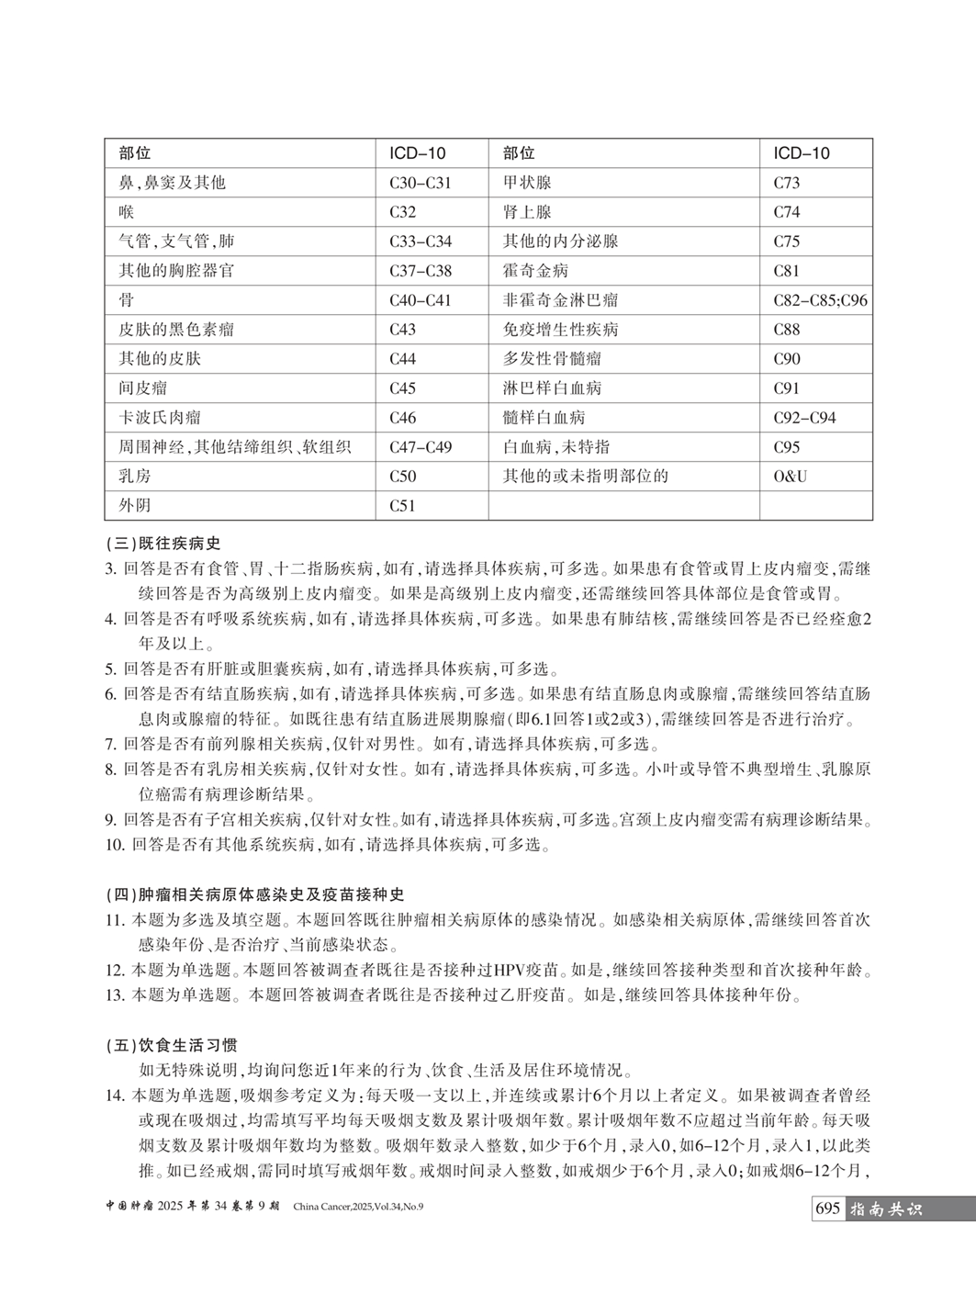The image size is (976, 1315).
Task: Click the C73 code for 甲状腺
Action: [x=786, y=183]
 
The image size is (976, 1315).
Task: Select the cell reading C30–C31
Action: [x=420, y=183]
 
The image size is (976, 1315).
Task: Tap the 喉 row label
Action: [x=127, y=212]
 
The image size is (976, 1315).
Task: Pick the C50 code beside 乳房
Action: [x=402, y=476]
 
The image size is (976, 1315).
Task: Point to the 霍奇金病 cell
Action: [x=535, y=271]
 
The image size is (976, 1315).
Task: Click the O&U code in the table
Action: [x=790, y=476]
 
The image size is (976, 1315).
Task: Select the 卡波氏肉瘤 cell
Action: [x=160, y=418]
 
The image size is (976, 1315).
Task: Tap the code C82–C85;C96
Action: [x=820, y=300]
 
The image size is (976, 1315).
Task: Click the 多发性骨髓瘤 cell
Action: [x=552, y=359]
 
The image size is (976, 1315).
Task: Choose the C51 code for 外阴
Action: [x=402, y=505]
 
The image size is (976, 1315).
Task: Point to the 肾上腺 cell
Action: [x=527, y=212]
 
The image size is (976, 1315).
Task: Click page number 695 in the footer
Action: [x=827, y=1209]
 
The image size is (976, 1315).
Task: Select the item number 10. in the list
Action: [x=115, y=845]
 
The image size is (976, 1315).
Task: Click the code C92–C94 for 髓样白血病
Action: [x=804, y=418]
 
